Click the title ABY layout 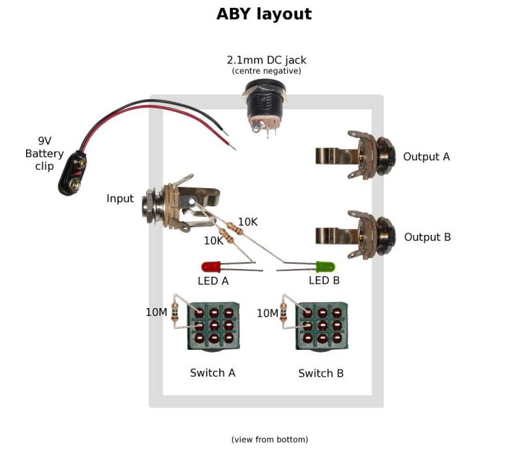(x=264, y=14)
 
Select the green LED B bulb (x=325, y=267)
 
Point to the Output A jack (x=356, y=155)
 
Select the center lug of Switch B (x=322, y=324)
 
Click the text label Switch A (x=212, y=373)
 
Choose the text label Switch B (x=320, y=373)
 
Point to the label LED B (x=324, y=281)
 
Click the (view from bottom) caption (x=269, y=439)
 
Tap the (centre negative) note (x=266, y=70)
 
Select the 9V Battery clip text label (x=44, y=153)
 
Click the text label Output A (x=426, y=157)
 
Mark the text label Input (x=120, y=198)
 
